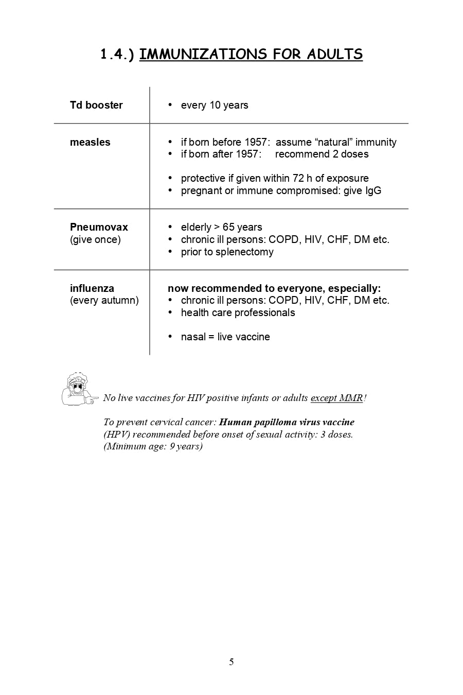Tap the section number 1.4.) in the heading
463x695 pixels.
(117, 54)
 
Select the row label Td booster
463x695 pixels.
(96, 105)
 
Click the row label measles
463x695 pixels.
(90, 142)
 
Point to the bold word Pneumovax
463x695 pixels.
(99, 227)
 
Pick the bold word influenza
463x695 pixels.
(92, 288)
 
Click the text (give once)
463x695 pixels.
(95, 239)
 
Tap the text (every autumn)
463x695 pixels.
(104, 300)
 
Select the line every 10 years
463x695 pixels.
(215, 105)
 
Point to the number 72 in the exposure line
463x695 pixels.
(298, 178)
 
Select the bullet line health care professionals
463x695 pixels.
(238, 312)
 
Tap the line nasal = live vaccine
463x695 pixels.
(225, 337)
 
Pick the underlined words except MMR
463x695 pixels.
(336, 398)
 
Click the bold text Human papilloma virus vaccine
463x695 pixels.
(287, 422)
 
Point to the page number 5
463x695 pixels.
(232, 662)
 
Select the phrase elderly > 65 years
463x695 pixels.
(221, 227)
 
